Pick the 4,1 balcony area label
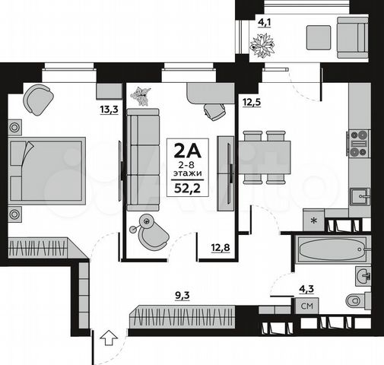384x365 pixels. tap(265, 21)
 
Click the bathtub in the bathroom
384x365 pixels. tap(330, 249)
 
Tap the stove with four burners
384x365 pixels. tap(358, 143)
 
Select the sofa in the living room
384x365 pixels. tap(142, 160)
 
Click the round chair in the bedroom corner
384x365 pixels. tap(37, 97)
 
